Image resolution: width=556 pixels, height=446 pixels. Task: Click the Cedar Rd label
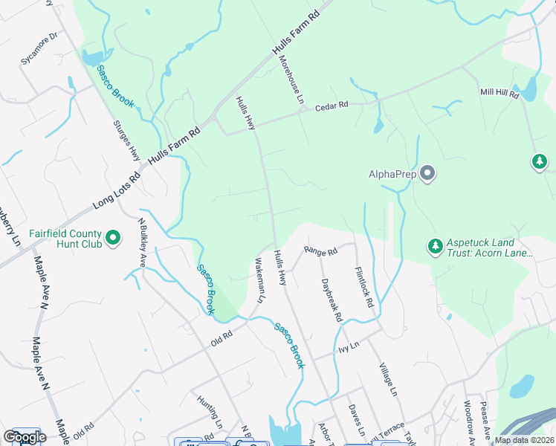point(332,106)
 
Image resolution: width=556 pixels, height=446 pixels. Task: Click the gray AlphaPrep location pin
point(427,174)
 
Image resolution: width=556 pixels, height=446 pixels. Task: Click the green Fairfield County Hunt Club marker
point(113,238)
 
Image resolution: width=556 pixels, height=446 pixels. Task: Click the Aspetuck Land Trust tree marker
point(435,244)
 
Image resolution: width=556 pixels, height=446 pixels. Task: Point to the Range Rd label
point(321,252)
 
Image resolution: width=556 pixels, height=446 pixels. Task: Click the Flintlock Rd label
point(363,289)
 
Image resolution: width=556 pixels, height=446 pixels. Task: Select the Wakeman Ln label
point(259,280)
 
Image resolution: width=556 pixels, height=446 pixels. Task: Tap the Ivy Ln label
point(349,345)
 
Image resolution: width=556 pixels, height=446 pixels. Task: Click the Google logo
point(25,437)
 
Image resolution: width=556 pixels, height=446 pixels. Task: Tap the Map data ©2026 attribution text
point(524,440)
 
